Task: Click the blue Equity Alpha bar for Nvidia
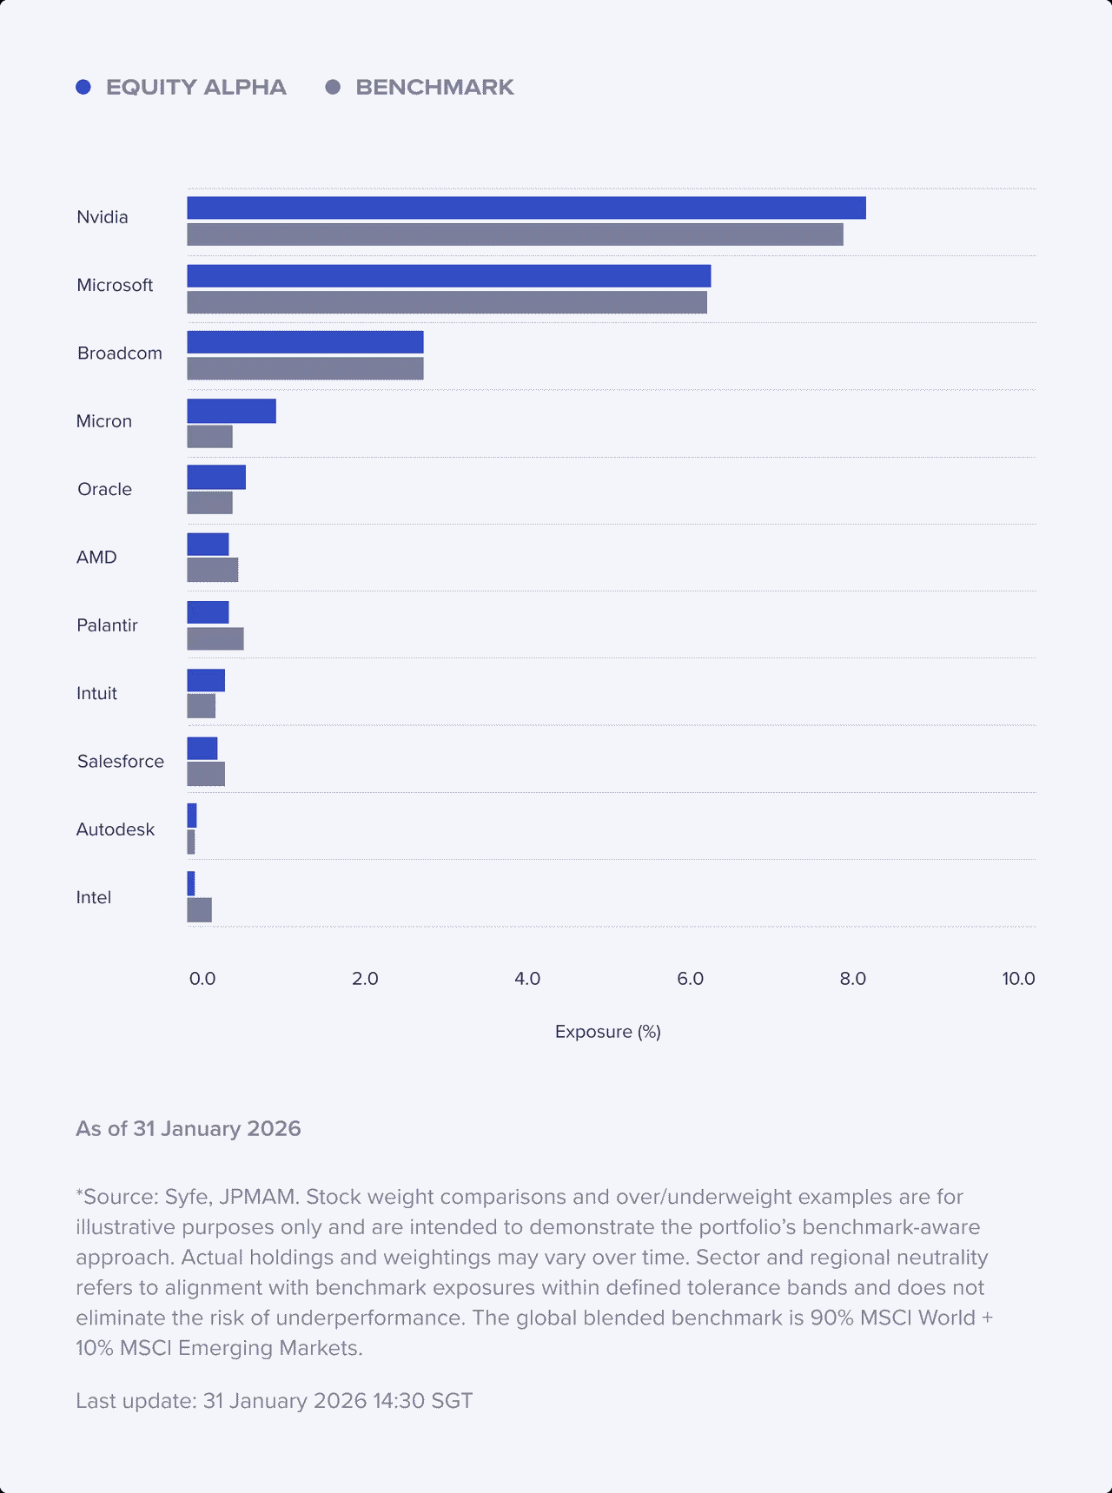click(526, 208)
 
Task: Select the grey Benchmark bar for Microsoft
click(447, 302)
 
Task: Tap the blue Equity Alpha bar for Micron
click(231, 411)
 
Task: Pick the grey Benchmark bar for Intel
click(199, 910)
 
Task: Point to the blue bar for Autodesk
click(192, 816)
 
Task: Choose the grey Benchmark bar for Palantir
click(215, 638)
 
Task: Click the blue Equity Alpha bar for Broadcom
click(305, 342)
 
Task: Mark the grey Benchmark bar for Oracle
click(209, 503)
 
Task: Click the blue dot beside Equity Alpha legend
click(83, 87)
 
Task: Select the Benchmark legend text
click(434, 87)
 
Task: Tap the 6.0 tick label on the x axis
click(690, 979)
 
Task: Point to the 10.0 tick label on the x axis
click(1018, 979)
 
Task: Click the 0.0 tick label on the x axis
click(202, 979)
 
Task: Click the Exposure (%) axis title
click(607, 1032)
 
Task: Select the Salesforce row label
click(120, 762)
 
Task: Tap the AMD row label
click(96, 558)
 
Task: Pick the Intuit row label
click(96, 693)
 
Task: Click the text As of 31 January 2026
click(188, 1129)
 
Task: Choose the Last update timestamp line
click(274, 1401)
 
